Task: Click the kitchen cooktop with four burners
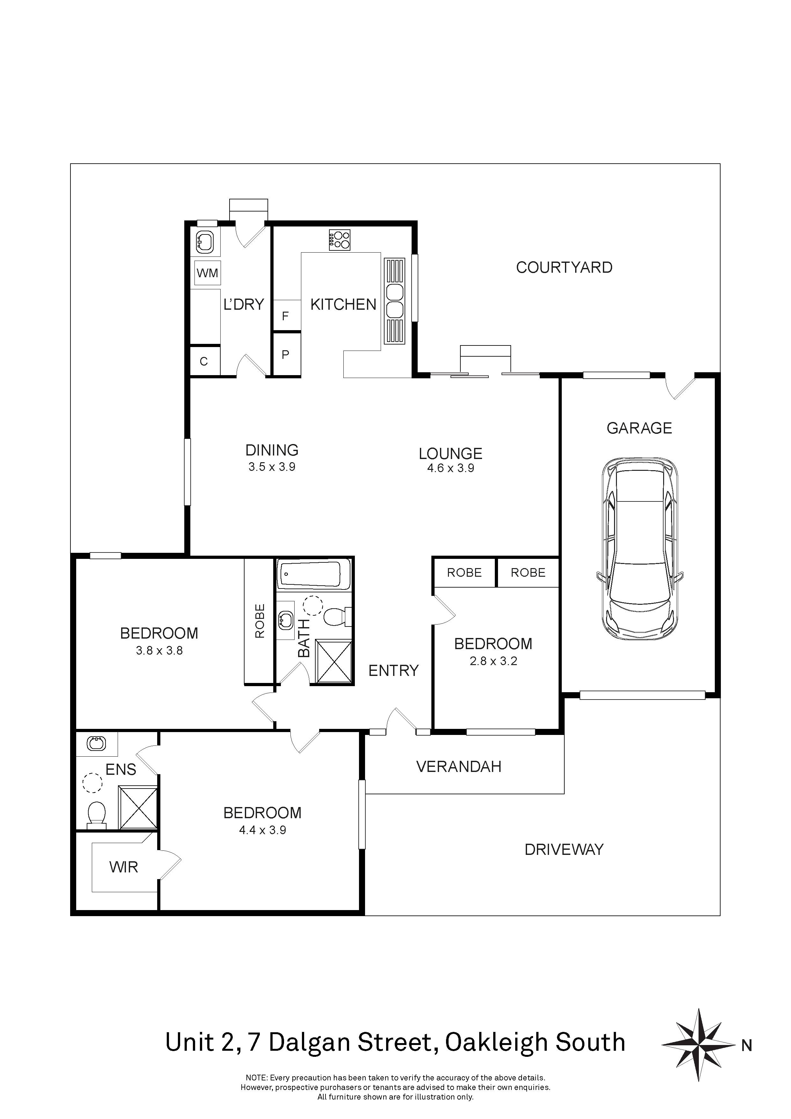340,240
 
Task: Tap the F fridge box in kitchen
285,316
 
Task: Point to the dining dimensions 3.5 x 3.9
272,467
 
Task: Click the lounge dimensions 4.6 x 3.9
450,468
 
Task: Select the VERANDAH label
459,767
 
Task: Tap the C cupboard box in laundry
204,361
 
